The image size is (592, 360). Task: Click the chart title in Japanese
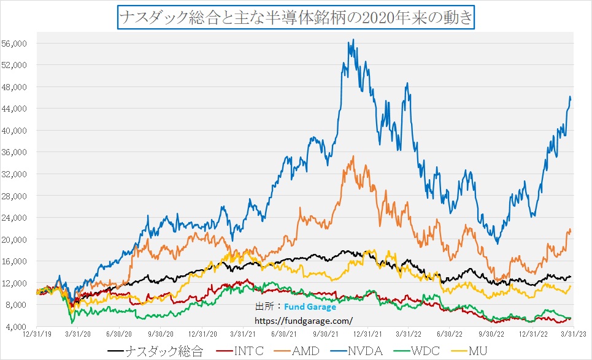click(295, 17)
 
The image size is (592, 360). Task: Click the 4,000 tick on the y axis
click(18, 326)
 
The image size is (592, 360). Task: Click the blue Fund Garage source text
click(310, 307)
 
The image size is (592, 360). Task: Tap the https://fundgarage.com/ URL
click(304, 320)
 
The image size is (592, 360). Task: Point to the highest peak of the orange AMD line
click(353, 156)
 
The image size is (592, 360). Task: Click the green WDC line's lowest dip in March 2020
click(72, 323)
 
